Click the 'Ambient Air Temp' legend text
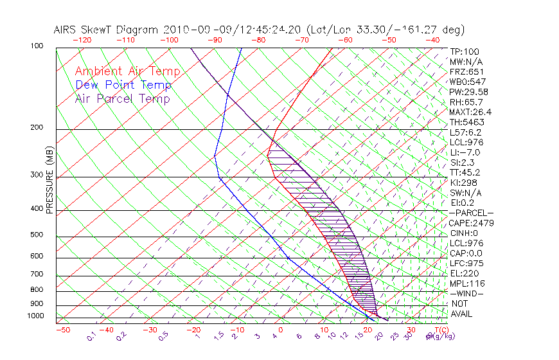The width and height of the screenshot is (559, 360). [x=127, y=71]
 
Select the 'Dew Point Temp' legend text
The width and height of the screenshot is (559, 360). [x=123, y=85]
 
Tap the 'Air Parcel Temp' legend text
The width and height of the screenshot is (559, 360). [x=122, y=98]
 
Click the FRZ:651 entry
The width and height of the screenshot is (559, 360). [x=466, y=72]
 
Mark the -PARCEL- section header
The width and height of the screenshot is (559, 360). [x=471, y=213]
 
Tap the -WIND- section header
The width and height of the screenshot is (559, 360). [x=467, y=294]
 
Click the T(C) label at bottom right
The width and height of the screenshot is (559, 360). [x=441, y=330]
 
